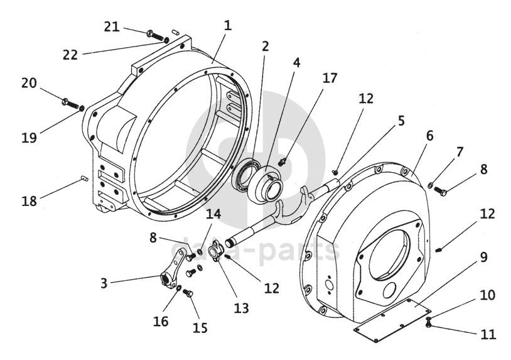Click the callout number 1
coord(228,25)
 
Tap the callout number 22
coord(70,55)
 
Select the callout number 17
coord(330,79)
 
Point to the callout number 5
coord(401,121)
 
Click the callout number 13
coord(242,308)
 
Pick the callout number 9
coord(483,257)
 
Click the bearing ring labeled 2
coord(246,173)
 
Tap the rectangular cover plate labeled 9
coord(392,320)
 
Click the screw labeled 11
coord(429,324)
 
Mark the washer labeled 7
coord(430,185)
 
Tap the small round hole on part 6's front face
coord(389,290)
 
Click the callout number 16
coord(161,321)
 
